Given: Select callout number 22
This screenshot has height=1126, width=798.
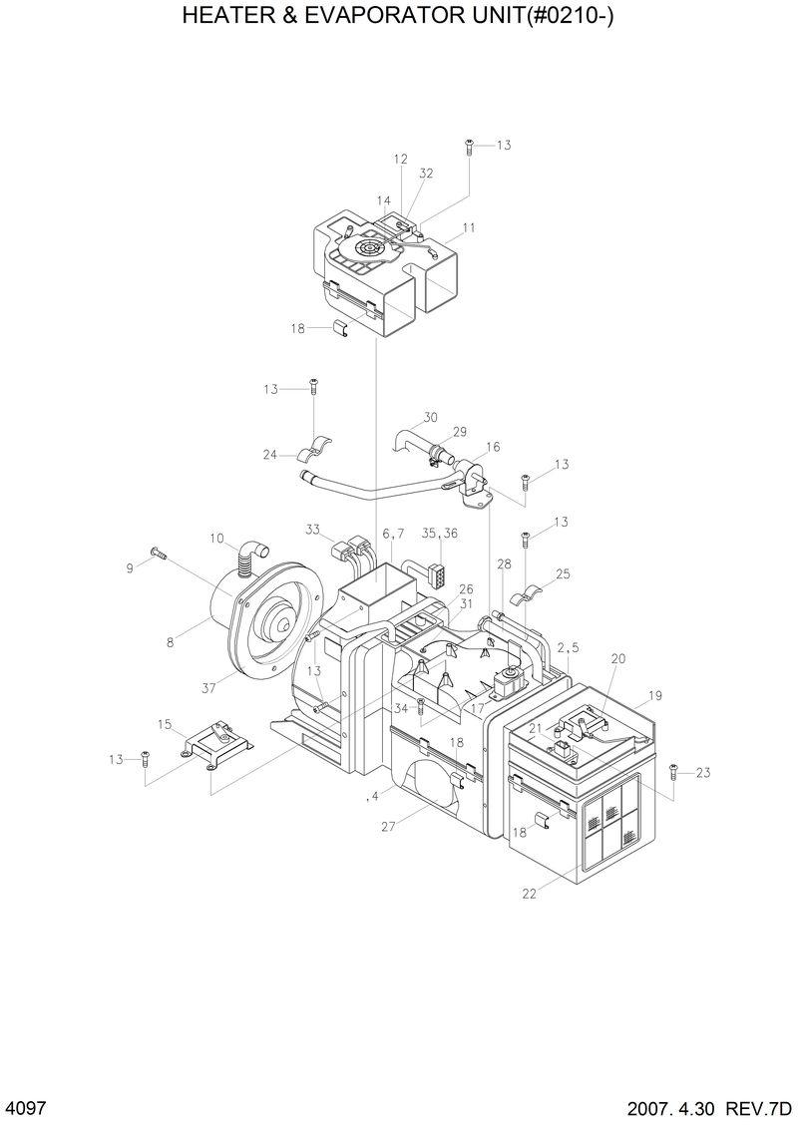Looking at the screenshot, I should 529,894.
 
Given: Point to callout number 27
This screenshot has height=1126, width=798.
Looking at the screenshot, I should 387,826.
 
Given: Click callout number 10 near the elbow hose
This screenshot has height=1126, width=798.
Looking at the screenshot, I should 216,539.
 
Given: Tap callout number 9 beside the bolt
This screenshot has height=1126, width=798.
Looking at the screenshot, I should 129,567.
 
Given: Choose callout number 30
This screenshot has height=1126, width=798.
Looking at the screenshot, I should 431,417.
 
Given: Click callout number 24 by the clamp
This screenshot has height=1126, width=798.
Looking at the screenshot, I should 270,455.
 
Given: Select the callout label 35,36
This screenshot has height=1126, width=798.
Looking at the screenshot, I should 439,534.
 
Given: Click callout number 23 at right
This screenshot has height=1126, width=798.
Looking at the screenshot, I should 703,771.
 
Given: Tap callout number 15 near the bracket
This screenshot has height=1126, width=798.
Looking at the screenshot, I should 165,723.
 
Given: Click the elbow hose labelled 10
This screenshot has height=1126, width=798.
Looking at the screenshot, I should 252,555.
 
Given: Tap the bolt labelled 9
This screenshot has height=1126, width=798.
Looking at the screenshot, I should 158,552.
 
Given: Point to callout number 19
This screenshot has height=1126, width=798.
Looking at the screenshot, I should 655,695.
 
